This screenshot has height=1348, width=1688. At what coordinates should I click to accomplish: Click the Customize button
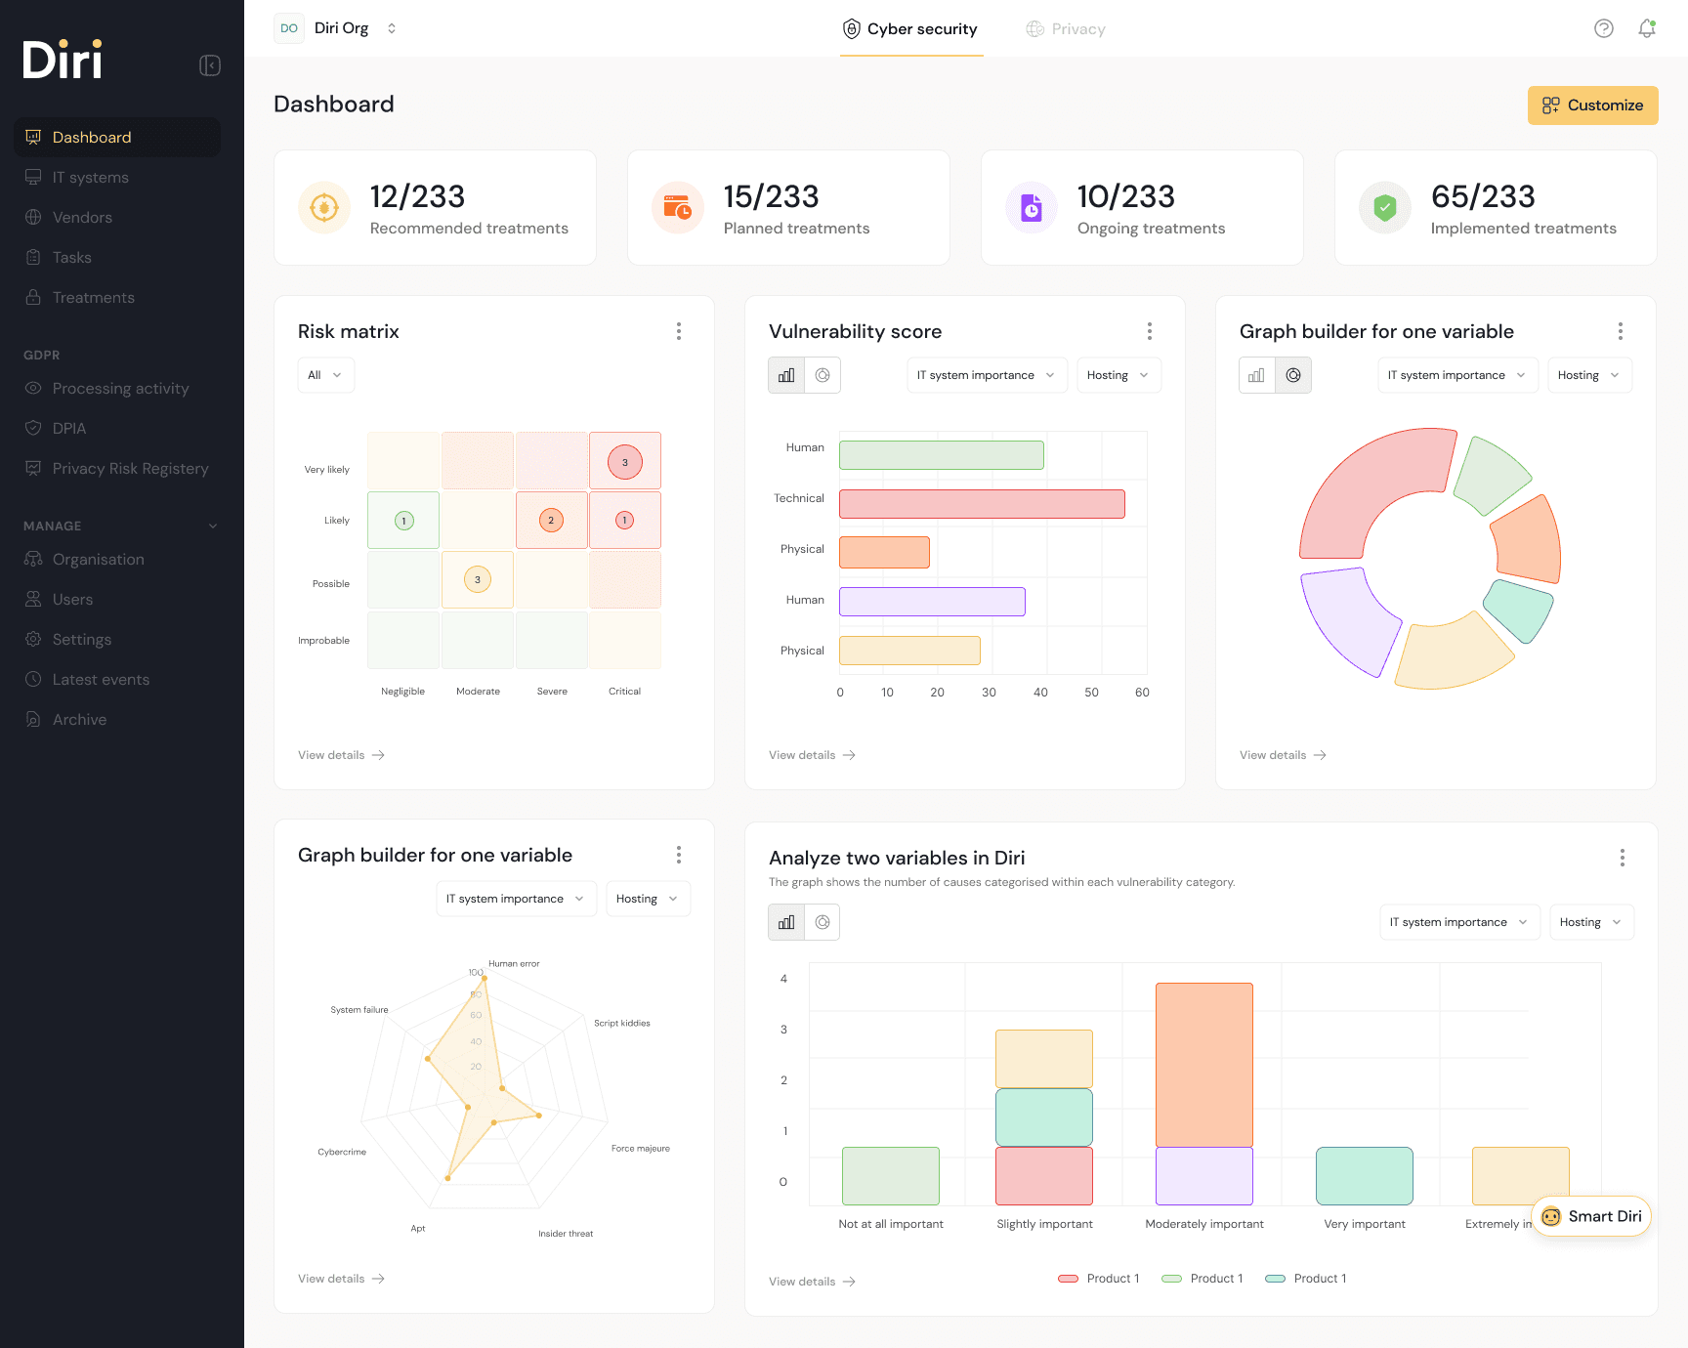(x=1592, y=105)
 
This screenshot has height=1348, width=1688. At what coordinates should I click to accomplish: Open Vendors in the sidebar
(x=82, y=218)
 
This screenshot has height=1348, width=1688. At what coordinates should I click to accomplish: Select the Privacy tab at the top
(x=1066, y=29)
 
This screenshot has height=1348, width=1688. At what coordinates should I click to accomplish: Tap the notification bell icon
(x=1647, y=28)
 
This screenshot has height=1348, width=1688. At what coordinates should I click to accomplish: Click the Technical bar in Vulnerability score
(x=982, y=504)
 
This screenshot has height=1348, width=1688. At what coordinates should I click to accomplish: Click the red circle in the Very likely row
(x=625, y=462)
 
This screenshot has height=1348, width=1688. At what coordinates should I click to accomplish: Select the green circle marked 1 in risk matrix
(x=404, y=521)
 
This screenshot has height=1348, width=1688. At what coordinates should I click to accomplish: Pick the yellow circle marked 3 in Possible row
(x=477, y=580)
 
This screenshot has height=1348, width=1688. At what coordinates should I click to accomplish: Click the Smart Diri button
(x=1591, y=1216)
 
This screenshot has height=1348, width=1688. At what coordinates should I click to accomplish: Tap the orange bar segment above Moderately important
(x=1203, y=1065)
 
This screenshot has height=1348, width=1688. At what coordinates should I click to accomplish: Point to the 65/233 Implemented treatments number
(x=1483, y=197)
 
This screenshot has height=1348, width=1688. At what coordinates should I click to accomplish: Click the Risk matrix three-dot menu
(x=679, y=331)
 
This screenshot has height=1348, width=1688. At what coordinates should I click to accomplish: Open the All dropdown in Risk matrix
(x=325, y=375)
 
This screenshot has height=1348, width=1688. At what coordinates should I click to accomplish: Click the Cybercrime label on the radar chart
(x=342, y=1153)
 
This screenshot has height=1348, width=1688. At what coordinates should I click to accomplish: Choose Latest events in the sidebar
(x=101, y=680)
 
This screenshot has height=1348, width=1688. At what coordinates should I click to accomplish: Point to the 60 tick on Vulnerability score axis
(x=1142, y=693)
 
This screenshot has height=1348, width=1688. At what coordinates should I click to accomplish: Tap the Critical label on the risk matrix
(x=624, y=692)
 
